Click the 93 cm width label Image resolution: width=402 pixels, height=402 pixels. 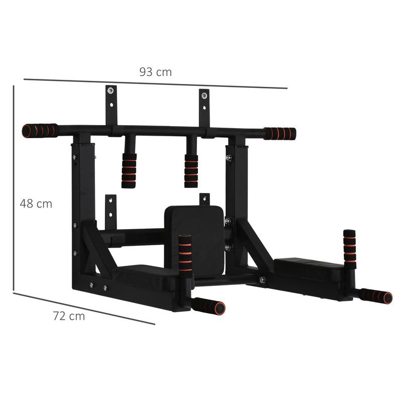(155, 72)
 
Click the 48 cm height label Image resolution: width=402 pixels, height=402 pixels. (36, 204)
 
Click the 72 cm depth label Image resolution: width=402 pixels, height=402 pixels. (69, 316)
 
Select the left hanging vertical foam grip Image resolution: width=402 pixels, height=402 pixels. (129, 170)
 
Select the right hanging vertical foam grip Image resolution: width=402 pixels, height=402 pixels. (191, 171)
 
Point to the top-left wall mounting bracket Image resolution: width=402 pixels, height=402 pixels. (111, 104)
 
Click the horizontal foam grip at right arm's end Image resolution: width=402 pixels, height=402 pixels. (377, 296)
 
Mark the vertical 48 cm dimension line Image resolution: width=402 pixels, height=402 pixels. (14, 188)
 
